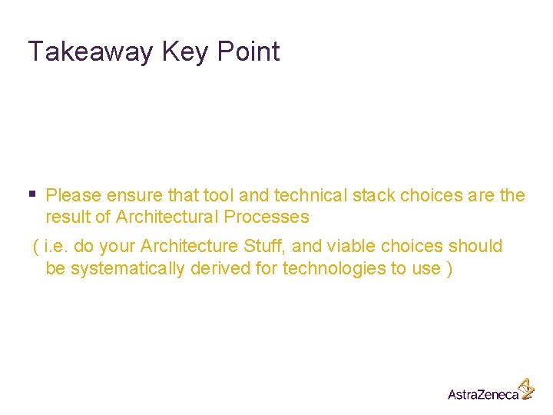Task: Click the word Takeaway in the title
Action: click(91, 51)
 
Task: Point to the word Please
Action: click(74, 195)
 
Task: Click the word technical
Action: click(294, 195)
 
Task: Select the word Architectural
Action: click(167, 217)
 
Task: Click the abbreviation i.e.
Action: click(58, 247)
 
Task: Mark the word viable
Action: click(349, 247)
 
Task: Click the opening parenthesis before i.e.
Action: click(35, 247)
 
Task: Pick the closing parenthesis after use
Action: click(449, 268)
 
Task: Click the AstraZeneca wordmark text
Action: click(482, 394)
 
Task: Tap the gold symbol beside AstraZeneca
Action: click(525, 387)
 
